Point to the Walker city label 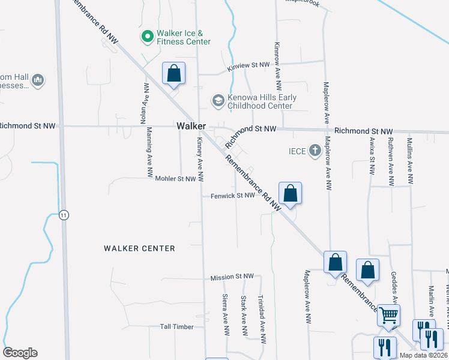tap(191, 127)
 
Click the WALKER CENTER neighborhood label tap(139, 248)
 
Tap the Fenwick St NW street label tap(233, 196)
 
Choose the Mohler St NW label tap(175, 179)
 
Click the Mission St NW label tap(232, 277)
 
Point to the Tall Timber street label tap(177, 327)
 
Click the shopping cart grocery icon tap(388, 314)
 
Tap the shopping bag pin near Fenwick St tap(290, 194)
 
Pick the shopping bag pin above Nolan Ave tap(173, 74)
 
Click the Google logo tap(20, 353)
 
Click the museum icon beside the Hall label tap(37, 80)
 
